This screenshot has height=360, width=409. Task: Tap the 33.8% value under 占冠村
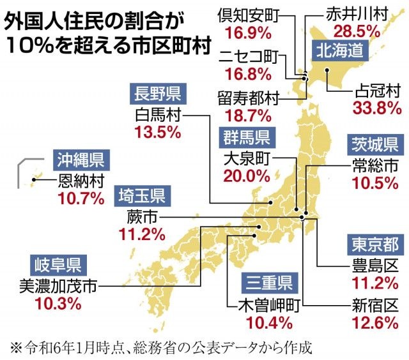pos(376,107)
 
